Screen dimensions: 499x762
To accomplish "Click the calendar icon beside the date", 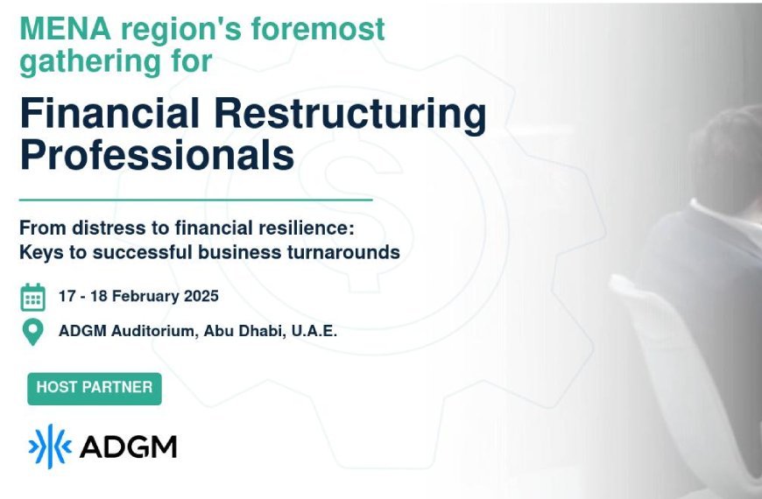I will pos(33,297).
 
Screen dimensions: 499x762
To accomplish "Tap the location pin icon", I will pos(32,332).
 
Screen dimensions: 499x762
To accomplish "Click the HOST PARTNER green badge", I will pos(95,388).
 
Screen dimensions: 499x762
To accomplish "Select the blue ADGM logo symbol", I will pos(49,446).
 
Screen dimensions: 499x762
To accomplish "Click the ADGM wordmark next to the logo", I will pos(128,447).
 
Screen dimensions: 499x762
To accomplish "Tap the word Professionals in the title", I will pos(157,155).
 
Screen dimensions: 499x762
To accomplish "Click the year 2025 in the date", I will pos(201,296).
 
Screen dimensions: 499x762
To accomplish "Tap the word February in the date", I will pos(145,296).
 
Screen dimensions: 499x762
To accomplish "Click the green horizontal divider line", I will pos(196,200).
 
